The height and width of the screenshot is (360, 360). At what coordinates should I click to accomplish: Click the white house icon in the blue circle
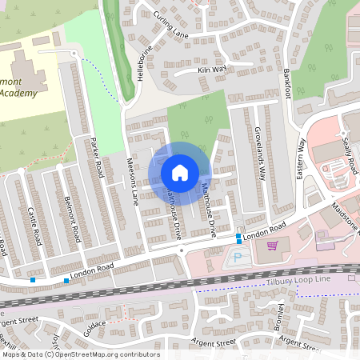point(179,173)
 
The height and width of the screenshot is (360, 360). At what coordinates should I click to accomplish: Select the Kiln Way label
point(212,70)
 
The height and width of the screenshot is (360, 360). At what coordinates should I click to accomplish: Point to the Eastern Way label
point(302,158)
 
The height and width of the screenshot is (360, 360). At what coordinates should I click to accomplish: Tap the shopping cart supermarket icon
point(273,245)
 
